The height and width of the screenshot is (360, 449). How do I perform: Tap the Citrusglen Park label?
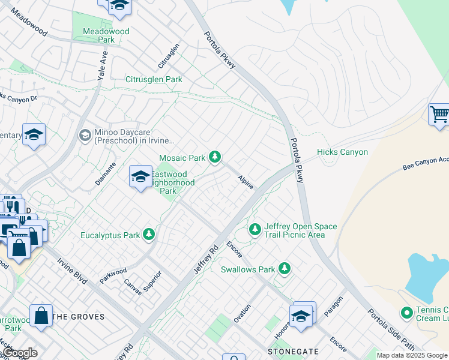[x=154, y=79]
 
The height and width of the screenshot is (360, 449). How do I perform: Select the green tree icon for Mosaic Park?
[x=215, y=158]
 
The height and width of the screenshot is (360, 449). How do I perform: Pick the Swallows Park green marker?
[x=285, y=269]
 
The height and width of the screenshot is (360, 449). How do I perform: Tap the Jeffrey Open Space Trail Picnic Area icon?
[x=255, y=230]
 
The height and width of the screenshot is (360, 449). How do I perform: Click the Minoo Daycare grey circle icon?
[x=85, y=136]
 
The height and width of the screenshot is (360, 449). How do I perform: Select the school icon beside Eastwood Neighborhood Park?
[x=140, y=176]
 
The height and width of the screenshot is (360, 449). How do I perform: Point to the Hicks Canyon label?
[x=342, y=152]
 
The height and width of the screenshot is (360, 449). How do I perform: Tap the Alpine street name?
[x=246, y=182]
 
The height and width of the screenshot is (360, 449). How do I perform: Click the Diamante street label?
[x=104, y=173]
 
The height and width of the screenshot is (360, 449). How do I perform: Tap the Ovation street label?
[x=243, y=313]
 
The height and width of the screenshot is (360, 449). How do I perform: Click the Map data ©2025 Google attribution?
[x=412, y=355]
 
